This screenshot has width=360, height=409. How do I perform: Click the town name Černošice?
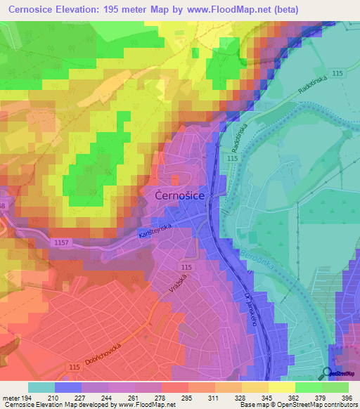click(x=179, y=198)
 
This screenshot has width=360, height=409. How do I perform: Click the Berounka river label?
click(x=240, y=249)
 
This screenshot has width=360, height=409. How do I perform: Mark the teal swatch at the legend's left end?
click(x=41, y=387)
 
